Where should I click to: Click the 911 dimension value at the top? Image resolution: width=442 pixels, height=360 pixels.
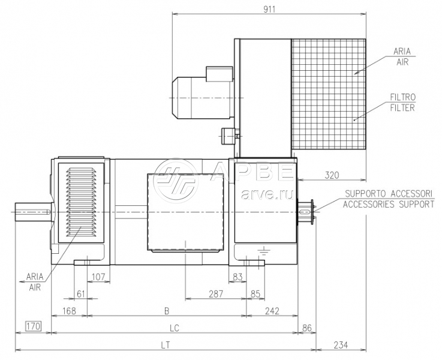click(x=269, y=10)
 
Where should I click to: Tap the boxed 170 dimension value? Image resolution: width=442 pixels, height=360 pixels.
click(x=33, y=326)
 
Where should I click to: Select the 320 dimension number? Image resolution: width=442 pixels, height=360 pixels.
click(x=332, y=175)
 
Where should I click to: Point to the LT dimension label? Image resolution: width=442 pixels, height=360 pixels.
click(x=165, y=345)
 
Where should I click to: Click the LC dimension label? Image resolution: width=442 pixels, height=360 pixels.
click(x=175, y=328)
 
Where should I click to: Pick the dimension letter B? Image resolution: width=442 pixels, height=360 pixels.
click(x=167, y=311)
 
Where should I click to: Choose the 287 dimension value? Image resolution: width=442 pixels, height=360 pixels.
click(x=216, y=294)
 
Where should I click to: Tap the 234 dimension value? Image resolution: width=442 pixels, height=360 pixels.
click(x=341, y=345)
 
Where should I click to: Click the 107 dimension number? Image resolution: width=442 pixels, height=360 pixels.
click(x=98, y=277)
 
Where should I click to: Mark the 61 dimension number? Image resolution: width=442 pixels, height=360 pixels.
click(x=80, y=294)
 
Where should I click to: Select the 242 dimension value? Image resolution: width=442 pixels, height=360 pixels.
click(x=272, y=311)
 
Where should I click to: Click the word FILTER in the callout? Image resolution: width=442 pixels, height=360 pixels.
click(x=402, y=107)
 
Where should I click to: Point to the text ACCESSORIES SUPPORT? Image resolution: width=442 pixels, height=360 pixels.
click(x=389, y=204)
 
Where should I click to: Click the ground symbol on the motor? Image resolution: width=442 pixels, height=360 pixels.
click(x=263, y=250)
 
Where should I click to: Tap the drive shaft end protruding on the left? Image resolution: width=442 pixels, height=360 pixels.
click(x=33, y=212)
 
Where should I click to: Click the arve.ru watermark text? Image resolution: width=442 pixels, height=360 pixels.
click(x=267, y=194)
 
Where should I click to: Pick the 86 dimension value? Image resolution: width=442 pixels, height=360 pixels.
click(x=306, y=328)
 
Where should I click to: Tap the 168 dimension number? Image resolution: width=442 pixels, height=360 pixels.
click(x=69, y=311)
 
